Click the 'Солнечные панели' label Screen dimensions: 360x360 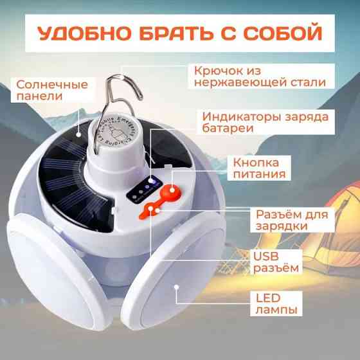pyautogui.click(x=44, y=91)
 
